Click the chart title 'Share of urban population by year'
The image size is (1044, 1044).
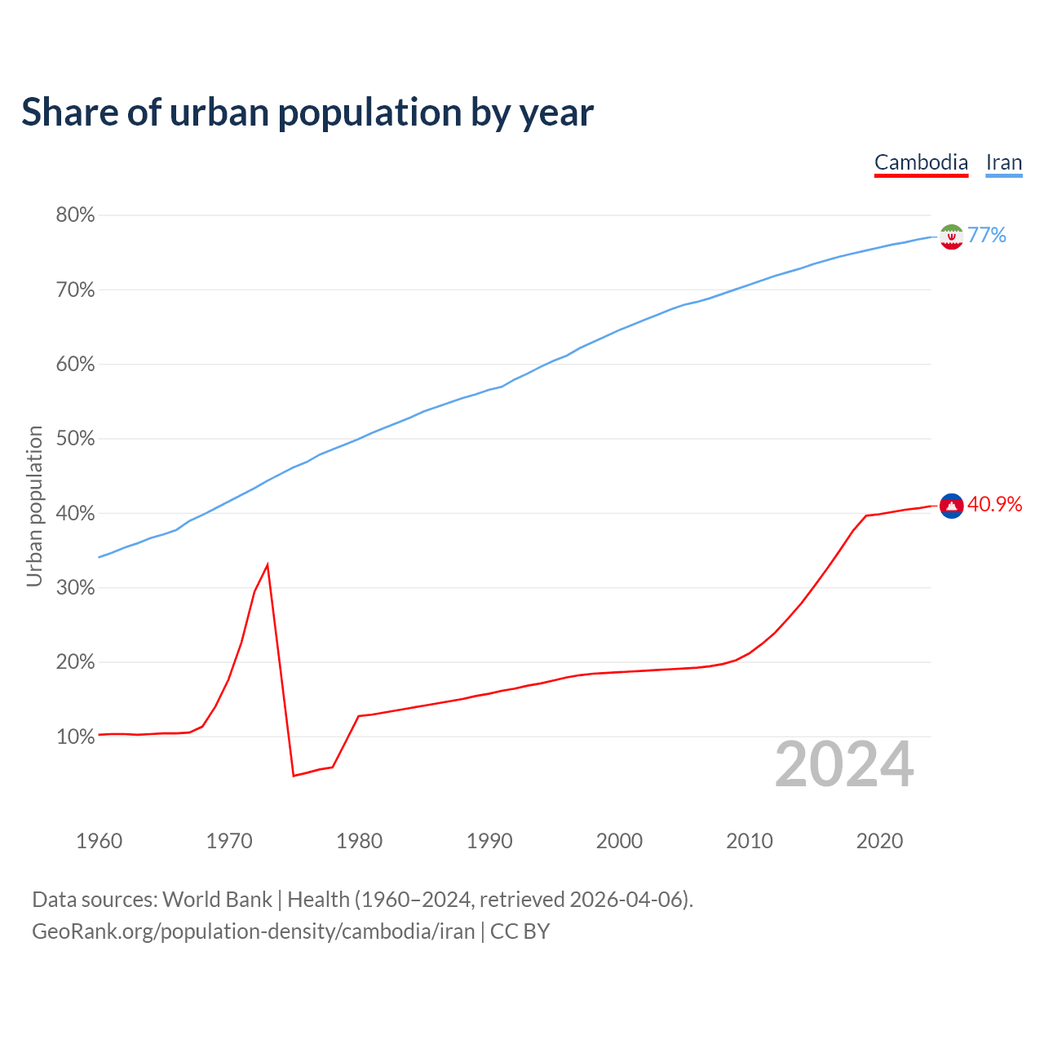(307, 113)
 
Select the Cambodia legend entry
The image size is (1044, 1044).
(921, 162)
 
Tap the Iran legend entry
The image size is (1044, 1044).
(1003, 162)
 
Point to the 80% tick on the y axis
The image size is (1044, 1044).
(75, 215)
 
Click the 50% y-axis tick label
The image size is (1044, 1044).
(75, 439)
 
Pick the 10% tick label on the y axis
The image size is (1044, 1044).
(75, 737)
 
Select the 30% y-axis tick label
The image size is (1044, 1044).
(75, 588)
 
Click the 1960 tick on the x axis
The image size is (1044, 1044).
(100, 841)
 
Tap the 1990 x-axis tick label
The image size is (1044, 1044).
(489, 841)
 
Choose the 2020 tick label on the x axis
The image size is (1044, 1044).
(879, 841)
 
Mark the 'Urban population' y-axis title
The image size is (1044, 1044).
(34, 506)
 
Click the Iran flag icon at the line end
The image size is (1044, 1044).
(951, 237)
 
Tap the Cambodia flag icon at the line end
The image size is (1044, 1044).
(951, 506)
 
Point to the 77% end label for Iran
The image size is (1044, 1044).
(987, 236)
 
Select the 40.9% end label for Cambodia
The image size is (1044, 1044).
(994, 505)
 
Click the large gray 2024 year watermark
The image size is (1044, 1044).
(844, 764)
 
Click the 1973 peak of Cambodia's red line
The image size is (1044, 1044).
(268, 564)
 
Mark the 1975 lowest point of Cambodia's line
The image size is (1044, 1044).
(294, 775)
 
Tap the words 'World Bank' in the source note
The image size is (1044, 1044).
(217, 900)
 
